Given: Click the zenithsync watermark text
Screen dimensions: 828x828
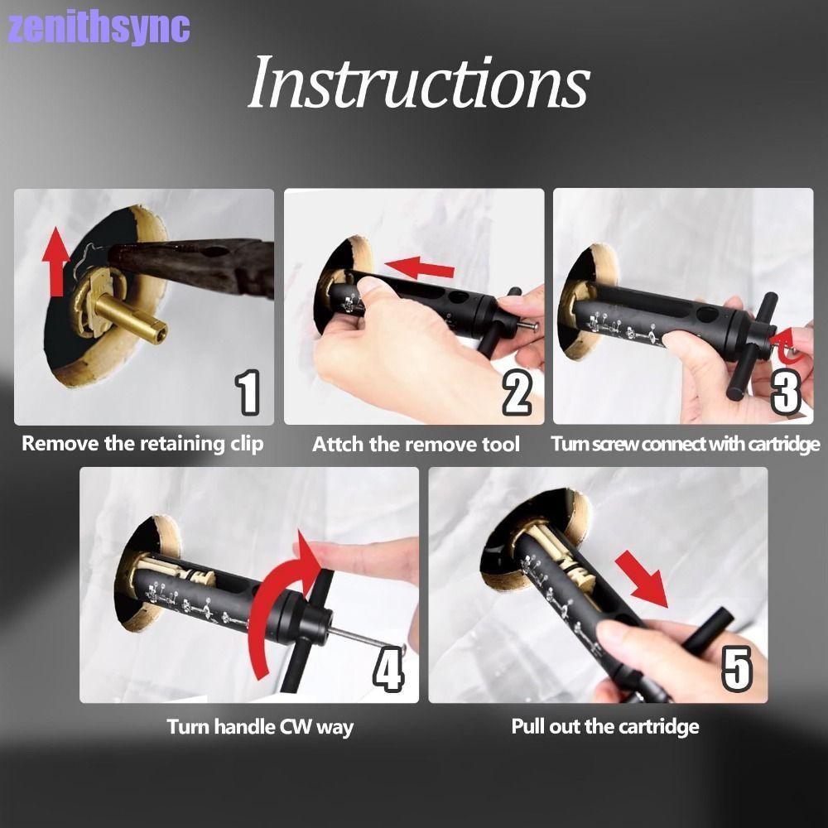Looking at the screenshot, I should pos(99,28).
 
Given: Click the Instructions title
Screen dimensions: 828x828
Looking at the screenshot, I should pos(418,84).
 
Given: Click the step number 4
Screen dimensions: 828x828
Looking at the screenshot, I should pos(388,671).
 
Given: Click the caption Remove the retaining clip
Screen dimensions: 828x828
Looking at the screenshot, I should pos(142,444).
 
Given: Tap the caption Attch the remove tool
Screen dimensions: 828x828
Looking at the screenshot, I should pos(416,445).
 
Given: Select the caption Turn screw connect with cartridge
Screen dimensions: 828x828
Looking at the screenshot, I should pos(686,445).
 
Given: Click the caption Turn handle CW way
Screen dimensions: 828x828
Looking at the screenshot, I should pos(260,728).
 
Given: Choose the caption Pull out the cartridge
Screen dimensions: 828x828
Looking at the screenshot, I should pos(605,728).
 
